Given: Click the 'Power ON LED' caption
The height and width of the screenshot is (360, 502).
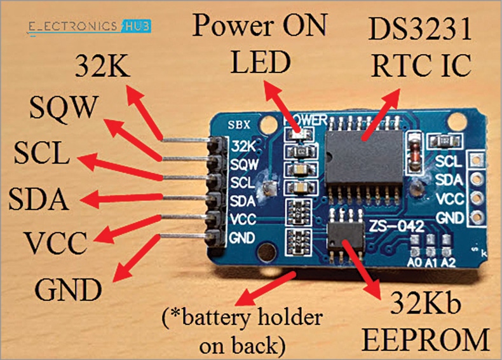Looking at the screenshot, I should click(x=260, y=43).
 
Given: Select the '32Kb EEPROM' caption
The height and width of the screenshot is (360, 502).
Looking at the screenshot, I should click(x=426, y=325).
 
